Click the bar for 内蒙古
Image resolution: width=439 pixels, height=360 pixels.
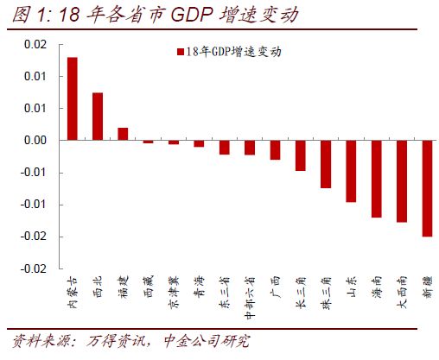click(x=73, y=98)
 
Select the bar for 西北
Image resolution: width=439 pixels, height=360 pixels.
click(x=98, y=117)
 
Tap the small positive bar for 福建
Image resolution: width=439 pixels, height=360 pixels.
click(x=123, y=134)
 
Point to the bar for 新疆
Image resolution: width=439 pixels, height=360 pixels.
click(x=427, y=188)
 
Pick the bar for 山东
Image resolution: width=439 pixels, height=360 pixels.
click(x=351, y=171)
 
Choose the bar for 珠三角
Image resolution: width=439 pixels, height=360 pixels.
click(x=326, y=164)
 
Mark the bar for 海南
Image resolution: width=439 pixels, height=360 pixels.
click(x=377, y=179)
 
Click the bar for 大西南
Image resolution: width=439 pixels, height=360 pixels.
click(x=402, y=181)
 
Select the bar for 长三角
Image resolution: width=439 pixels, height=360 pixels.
click(x=301, y=155)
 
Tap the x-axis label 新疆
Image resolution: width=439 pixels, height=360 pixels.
click(x=427, y=286)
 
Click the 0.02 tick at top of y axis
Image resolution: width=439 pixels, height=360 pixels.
click(x=35, y=44)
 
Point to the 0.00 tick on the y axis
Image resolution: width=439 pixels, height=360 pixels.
click(x=35, y=140)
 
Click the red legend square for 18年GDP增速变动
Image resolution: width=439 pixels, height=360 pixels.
click(x=180, y=52)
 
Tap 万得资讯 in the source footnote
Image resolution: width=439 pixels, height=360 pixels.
click(x=116, y=341)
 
